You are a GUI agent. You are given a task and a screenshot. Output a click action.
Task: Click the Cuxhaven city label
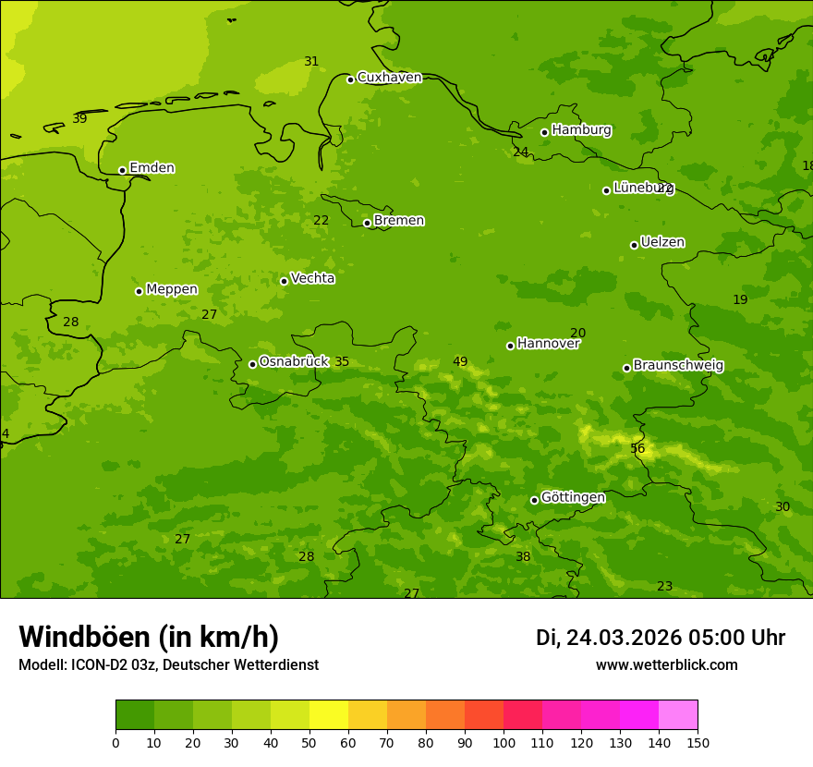389,78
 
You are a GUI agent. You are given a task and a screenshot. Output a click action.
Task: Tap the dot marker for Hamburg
544,132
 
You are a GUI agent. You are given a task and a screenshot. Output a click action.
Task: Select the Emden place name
152,168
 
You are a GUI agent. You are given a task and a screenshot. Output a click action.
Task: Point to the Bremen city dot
367,223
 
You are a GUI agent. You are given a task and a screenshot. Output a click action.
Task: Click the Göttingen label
573,498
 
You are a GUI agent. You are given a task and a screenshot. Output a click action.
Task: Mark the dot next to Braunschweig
626,368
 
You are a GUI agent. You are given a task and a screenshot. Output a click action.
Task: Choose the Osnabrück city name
294,362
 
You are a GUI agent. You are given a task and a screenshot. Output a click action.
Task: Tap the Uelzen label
662,243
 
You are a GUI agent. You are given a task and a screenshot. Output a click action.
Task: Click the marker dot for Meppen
139,291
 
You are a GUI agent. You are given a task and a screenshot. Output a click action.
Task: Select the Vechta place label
312,279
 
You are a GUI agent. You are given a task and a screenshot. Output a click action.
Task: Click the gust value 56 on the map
637,449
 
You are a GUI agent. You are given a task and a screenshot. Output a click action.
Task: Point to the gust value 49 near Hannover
460,362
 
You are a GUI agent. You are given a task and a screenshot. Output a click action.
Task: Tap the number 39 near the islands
79,119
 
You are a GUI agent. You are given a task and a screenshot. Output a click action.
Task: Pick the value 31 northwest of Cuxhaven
311,62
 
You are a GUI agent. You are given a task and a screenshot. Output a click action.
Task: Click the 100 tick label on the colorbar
504,742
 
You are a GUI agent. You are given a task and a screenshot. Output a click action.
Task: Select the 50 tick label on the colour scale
309,742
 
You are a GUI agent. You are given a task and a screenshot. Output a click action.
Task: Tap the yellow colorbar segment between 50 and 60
329,715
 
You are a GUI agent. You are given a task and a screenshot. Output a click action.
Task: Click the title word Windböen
84,637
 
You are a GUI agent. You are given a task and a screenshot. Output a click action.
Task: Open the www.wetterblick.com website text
666,665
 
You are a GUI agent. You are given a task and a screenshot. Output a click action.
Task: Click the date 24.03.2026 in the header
624,638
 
